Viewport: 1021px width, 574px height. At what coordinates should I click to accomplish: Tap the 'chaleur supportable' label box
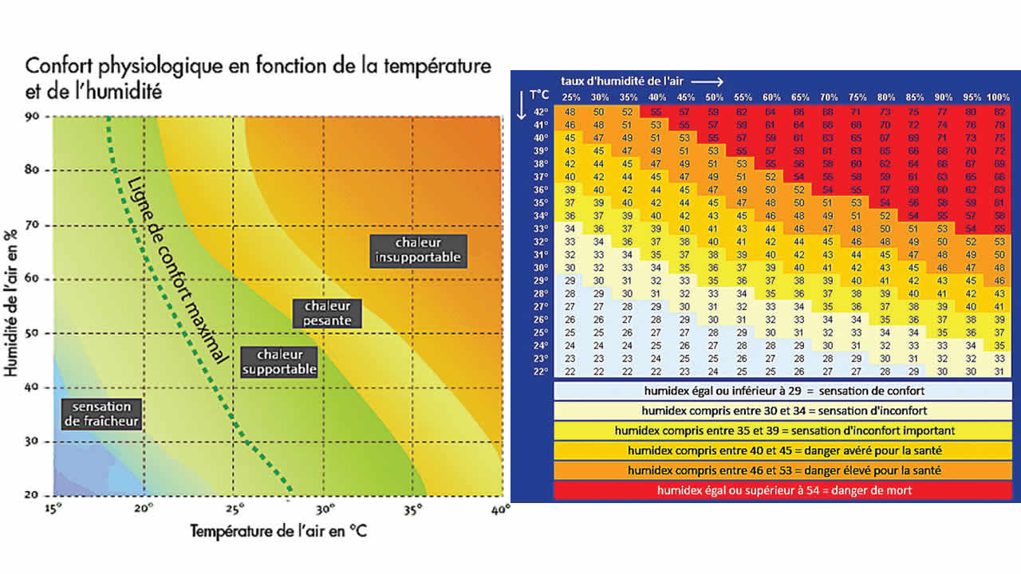279,362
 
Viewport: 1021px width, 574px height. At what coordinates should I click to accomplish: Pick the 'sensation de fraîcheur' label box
101,413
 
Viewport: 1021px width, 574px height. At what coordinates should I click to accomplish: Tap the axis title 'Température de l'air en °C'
278,530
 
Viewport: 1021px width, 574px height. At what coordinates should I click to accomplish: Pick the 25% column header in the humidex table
570,97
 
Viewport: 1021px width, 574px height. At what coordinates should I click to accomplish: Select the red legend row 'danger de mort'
784,490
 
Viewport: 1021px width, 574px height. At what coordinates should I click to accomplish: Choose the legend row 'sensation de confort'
784,391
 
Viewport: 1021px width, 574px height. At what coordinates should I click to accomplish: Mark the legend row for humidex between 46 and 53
784,470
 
